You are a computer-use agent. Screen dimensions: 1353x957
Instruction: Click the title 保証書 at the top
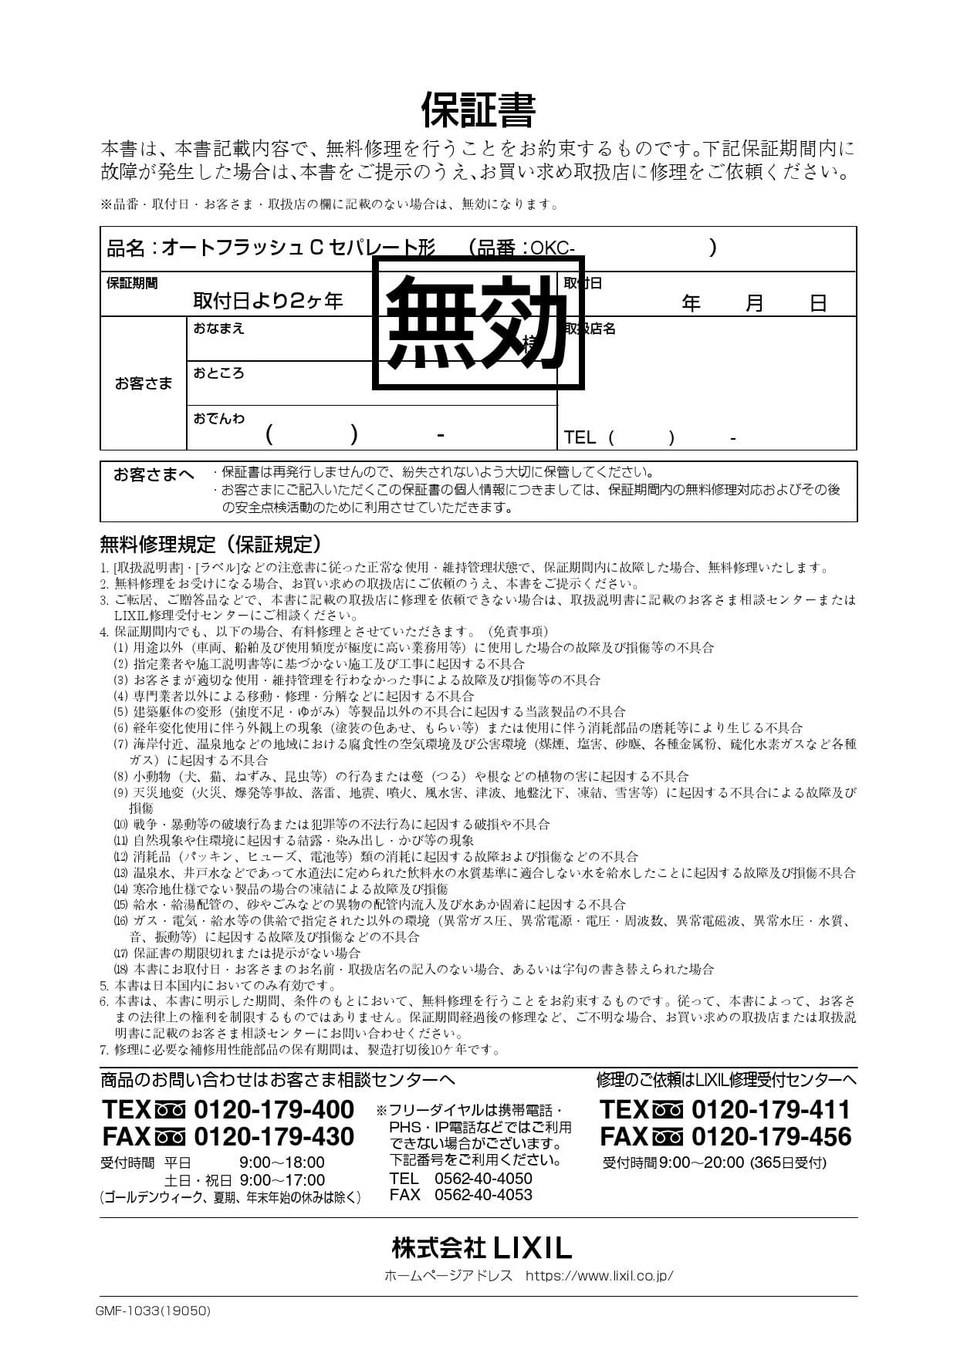click(478, 110)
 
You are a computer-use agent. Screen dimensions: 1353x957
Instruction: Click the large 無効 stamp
click(478, 322)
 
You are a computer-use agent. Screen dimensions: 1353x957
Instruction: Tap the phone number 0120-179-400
click(273, 1109)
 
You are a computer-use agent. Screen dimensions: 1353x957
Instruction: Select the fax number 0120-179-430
click(273, 1136)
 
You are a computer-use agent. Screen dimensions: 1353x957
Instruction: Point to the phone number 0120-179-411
click(770, 1109)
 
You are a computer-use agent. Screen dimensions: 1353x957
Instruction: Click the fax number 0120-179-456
click(770, 1136)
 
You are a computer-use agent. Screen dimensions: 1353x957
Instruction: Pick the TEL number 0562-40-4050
click(483, 1178)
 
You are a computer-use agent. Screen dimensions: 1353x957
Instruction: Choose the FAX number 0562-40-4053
click(483, 1195)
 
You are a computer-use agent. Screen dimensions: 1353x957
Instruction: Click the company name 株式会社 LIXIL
click(481, 1247)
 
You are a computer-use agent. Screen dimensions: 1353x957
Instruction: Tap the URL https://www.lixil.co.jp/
click(599, 1275)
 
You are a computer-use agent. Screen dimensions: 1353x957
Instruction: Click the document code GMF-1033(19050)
click(153, 1311)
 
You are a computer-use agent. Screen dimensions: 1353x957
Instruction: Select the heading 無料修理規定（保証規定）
click(211, 545)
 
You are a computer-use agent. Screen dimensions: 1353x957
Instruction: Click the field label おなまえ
click(218, 329)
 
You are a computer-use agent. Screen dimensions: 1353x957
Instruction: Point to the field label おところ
click(218, 373)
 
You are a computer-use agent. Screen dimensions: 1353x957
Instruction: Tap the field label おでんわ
click(218, 418)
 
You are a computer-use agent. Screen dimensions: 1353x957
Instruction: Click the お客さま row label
click(144, 383)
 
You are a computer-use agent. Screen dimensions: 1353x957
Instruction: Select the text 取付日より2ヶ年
click(268, 301)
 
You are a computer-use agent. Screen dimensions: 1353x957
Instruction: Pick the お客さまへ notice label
click(154, 474)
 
